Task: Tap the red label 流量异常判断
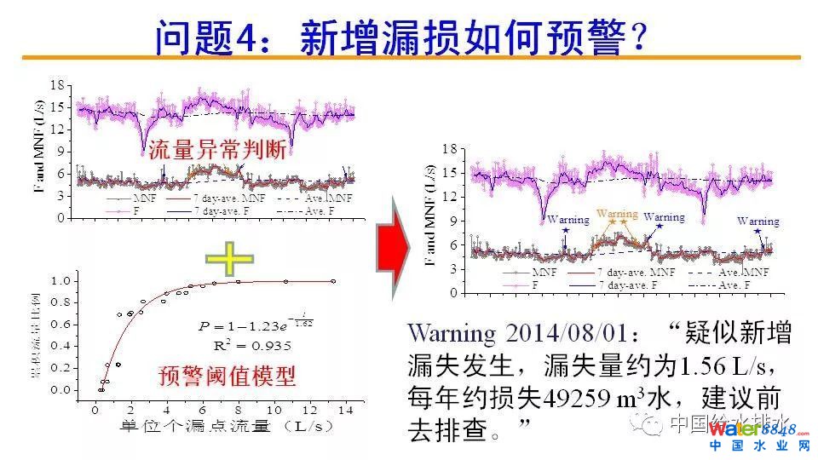[x=216, y=152]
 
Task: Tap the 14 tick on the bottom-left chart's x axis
[x=345, y=410]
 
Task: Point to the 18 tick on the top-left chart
[x=57, y=84]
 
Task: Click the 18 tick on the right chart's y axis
[x=451, y=149]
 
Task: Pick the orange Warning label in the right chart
[x=617, y=213]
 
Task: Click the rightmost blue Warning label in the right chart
[x=758, y=221]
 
